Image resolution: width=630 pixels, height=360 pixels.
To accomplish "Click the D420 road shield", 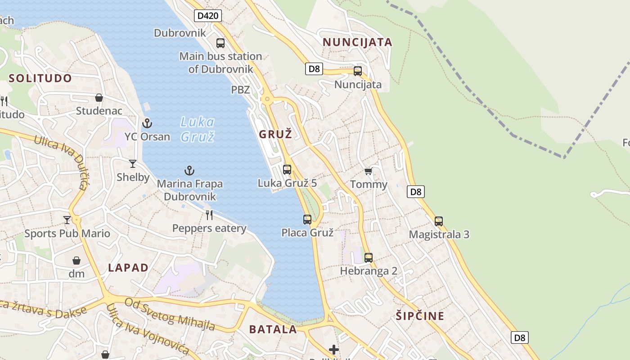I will [x=208, y=16].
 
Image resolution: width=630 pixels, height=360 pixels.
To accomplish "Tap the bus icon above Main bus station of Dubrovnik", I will [x=220, y=43].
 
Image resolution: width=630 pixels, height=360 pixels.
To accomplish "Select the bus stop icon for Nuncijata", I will [x=358, y=71].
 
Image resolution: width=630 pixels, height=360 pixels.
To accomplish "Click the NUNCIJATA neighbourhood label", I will [x=357, y=42].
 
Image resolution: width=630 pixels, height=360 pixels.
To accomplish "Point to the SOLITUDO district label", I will [x=40, y=78].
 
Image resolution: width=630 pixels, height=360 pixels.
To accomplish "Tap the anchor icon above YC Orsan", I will [x=147, y=123].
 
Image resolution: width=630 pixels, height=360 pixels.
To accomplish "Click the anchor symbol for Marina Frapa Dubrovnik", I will [x=189, y=171].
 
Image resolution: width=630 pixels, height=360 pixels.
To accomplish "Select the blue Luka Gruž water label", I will [x=198, y=129].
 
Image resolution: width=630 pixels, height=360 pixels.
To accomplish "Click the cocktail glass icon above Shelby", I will [x=133, y=164].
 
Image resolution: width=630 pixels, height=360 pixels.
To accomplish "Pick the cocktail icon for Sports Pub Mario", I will [x=67, y=220].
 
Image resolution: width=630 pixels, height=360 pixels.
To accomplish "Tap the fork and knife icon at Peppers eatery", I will [x=209, y=215].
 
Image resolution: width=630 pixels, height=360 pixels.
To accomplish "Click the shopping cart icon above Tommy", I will [x=369, y=171].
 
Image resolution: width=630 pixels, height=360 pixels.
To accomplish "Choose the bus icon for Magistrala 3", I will [x=439, y=221].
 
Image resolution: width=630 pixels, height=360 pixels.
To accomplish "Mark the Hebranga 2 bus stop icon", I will [x=369, y=258].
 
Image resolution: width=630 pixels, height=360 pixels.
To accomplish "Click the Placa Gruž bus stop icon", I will [x=307, y=220].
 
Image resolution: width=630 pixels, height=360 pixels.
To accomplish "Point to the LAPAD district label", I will [x=128, y=268].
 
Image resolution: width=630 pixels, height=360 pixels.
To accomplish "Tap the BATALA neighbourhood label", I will [x=273, y=329].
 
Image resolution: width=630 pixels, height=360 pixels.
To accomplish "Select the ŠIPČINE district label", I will [x=420, y=316].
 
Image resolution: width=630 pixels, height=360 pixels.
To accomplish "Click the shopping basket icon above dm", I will [x=76, y=261].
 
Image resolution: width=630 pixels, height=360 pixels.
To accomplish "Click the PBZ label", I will [x=240, y=90].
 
